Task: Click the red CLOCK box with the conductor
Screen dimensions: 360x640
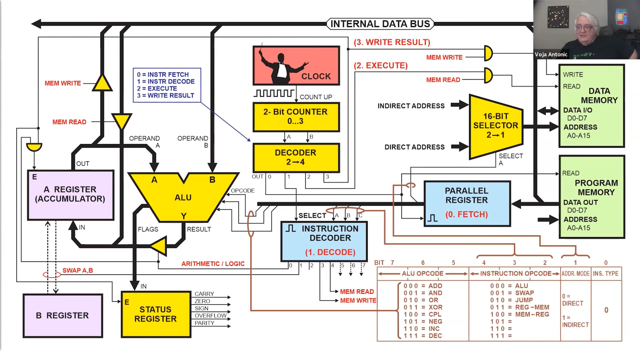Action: (x=296, y=66)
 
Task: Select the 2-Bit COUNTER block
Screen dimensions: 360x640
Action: (x=296, y=117)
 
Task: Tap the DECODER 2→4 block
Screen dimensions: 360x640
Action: (x=296, y=157)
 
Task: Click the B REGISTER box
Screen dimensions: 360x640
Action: (x=63, y=315)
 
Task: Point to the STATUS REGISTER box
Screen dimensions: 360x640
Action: (x=156, y=314)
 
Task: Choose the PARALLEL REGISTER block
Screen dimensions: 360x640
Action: (x=467, y=203)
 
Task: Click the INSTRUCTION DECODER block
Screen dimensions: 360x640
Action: (x=324, y=241)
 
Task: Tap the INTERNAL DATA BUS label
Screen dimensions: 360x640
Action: (x=380, y=24)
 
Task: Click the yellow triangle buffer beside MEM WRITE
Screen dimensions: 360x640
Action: (x=102, y=83)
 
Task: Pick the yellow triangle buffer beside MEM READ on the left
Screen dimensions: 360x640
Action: (x=122, y=121)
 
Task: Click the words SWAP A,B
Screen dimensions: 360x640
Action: (x=78, y=270)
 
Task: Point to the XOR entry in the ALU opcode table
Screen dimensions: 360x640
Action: (x=435, y=307)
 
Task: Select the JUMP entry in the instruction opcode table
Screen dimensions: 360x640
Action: (x=524, y=300)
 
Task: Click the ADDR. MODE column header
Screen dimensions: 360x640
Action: (x=575, y=274)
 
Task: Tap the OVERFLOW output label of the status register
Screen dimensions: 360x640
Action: (x=210, y=316)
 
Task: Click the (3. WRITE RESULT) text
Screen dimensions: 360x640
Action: (x=392, y=42)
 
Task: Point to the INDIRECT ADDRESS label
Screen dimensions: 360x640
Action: (x=411, y=106)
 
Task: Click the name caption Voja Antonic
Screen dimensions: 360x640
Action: (x=551, y=54)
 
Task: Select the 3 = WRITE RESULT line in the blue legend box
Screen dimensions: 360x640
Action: (x=166, y=96)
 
